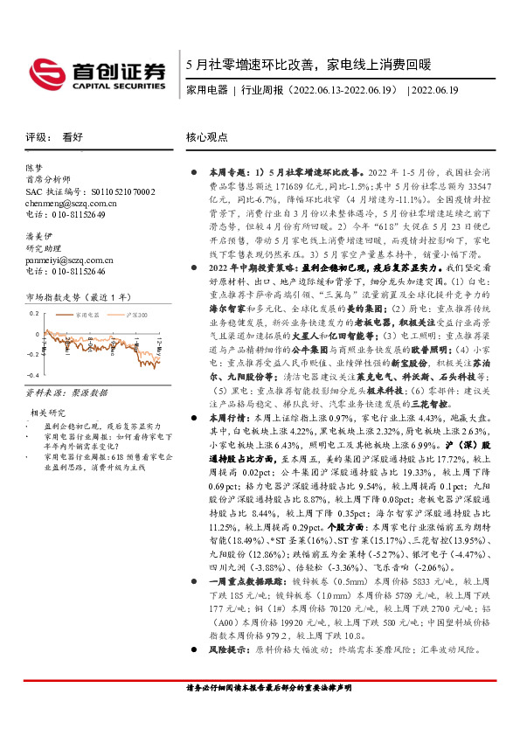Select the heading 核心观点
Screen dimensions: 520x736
click(207, 137)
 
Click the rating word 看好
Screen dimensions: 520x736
click(73, 137)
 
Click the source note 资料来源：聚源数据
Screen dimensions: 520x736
click(64, 394)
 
